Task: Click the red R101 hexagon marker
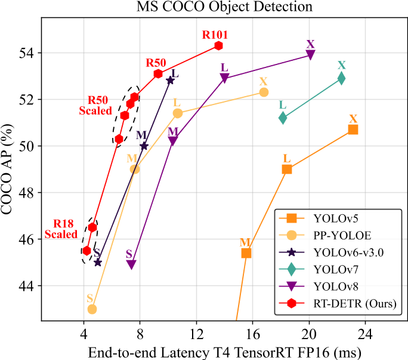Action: coord(219,45)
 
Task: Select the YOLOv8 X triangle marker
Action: coord(311,55)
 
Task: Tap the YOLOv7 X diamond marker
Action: coord(341,78)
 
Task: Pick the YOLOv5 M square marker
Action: coord(246,253)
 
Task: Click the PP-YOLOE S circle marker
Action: coord(92,309)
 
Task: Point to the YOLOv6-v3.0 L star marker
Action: coord(170,80)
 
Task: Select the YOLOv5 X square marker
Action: coord(353,130)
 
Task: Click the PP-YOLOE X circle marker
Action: coord(264,92)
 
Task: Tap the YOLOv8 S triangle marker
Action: coord(131,264)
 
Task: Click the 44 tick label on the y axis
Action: coord(28,286)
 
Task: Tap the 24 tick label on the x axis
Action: coord(366,331)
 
